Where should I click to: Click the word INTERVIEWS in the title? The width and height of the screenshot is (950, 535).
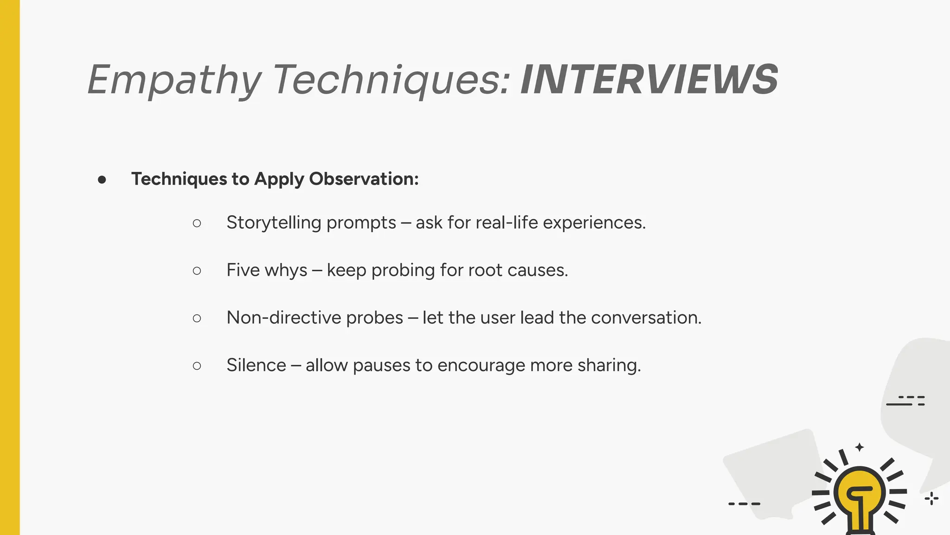[649, 80]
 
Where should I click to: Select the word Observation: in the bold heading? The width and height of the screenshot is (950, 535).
[364, 179]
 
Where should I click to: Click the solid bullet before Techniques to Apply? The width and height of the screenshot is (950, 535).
[102, 180]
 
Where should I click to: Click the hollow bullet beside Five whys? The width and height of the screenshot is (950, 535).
[197, 271]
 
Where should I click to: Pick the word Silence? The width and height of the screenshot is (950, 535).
[256, 365]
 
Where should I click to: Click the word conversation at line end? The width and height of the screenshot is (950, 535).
[646, 318]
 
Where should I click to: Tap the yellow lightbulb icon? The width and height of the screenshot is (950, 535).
[859, 495]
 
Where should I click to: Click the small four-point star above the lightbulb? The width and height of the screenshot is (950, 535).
[860, 447]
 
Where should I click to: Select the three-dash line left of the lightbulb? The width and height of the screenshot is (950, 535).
[744, 504]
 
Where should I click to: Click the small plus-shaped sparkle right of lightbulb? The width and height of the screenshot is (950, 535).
[931, 499]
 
